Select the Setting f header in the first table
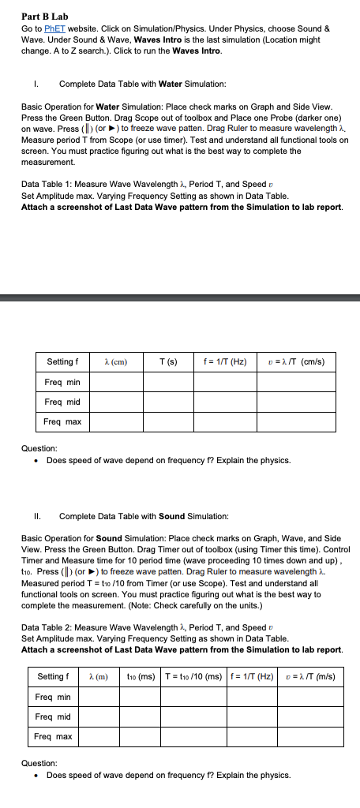coord(62,362)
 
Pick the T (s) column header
coord(167,362)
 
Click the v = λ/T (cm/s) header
coord(291,362)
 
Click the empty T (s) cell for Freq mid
coord(167,402)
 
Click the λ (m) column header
coord(98,677)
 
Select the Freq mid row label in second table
coord(54,717)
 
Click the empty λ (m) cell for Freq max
coord(98,737)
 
